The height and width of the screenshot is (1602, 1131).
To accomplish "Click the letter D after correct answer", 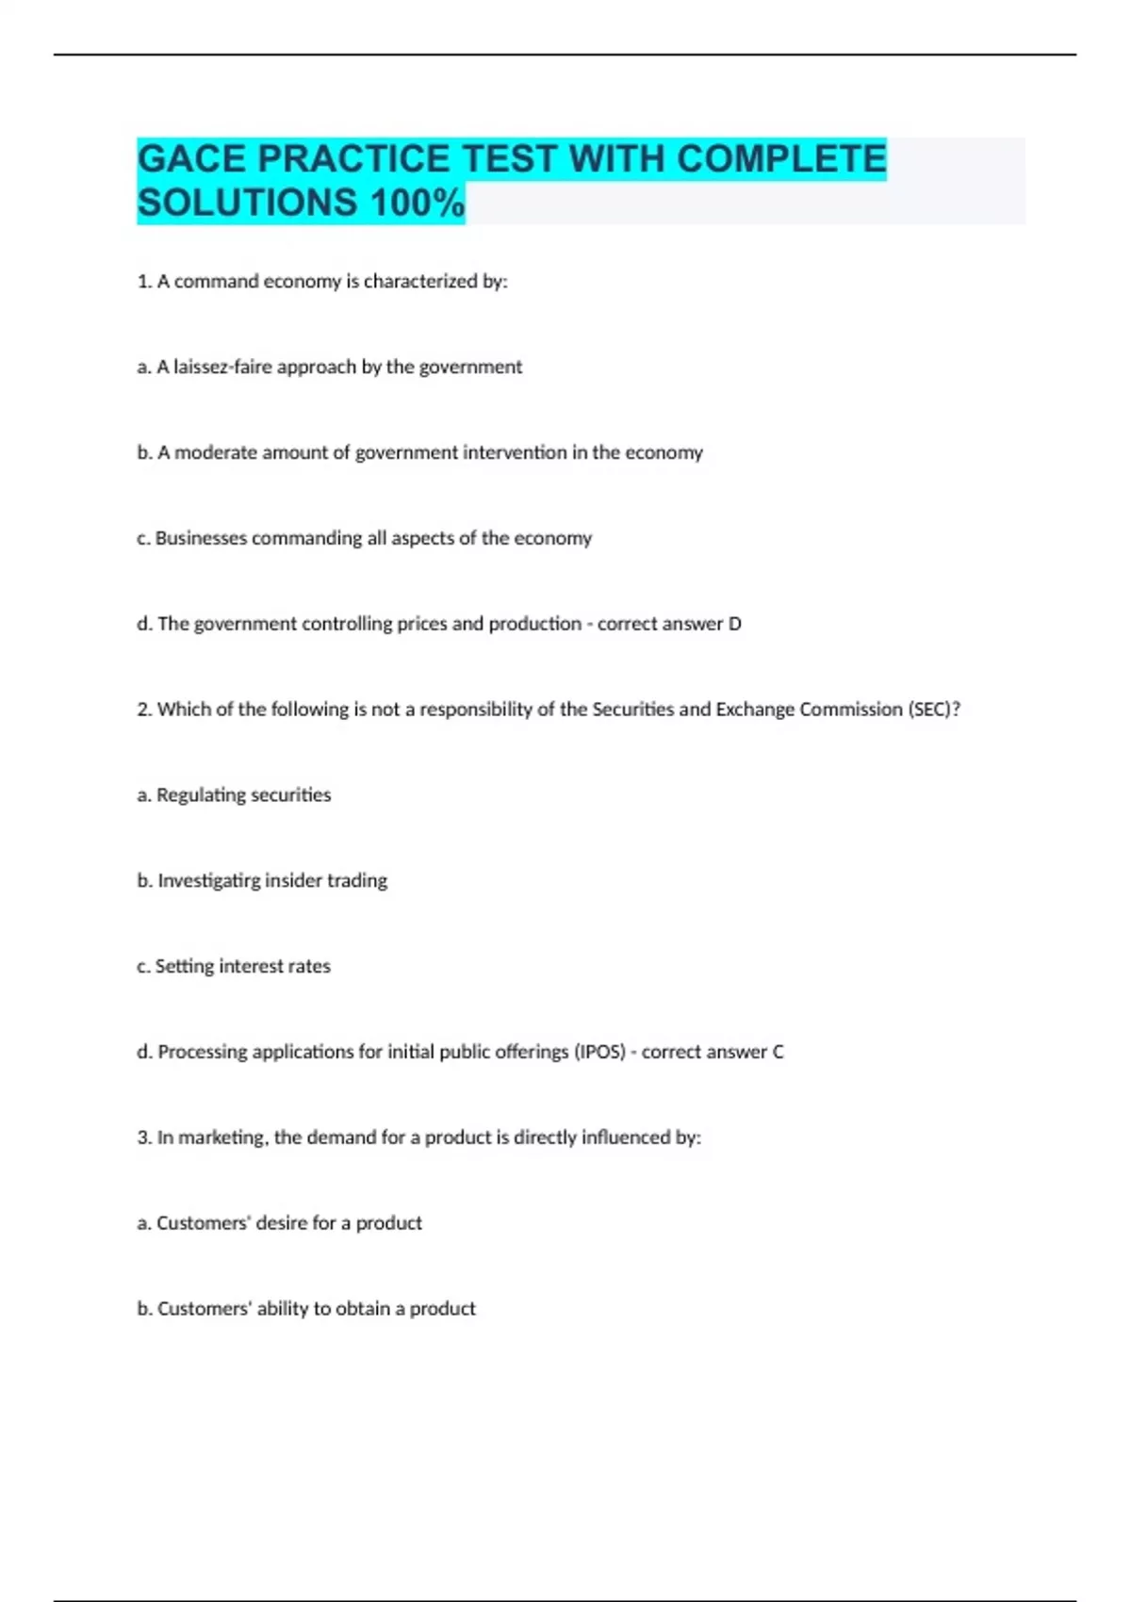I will point(735,624).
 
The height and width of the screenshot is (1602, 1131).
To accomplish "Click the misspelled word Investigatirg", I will point(208,881).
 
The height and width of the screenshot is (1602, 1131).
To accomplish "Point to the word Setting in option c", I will point(185,967).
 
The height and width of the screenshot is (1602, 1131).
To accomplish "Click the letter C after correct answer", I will point(778,1052).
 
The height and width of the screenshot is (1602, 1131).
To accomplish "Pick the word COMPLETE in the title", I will point(781,159).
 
